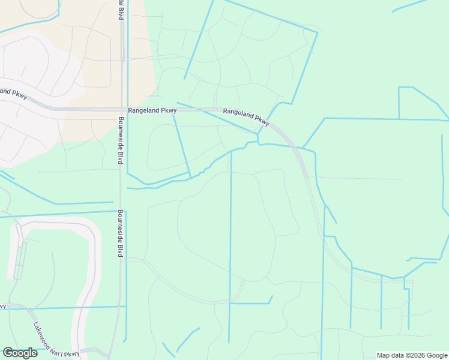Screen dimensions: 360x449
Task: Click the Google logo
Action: pyautogui.click(x=20, y=353)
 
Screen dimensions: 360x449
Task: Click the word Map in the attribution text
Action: pyautogui.click(x=384, y=355)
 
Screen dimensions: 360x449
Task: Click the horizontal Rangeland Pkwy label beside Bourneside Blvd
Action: pyautogui.click(x=152, y=110)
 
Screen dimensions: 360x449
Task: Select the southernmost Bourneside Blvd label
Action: pyautogui.click(x=120, y=233)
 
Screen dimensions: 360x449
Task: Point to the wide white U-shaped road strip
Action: pyautogui.click(x=90, y=276)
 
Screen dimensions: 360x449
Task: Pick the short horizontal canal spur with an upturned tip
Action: pyautogui.click(x=251, y=302)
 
